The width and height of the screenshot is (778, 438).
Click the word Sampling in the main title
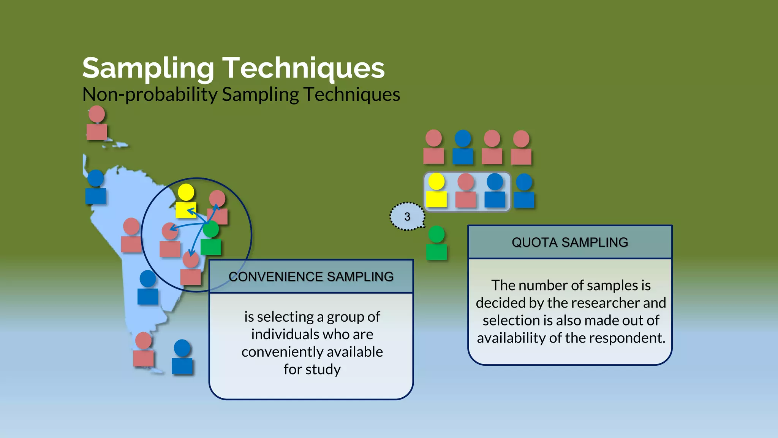[148, 68]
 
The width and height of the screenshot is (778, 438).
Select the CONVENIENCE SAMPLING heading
[311, 276]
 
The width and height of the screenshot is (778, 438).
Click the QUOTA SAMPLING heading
[570, 242]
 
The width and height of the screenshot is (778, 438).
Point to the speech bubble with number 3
[407, 216]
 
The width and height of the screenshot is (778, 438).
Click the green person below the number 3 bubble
[436, 243]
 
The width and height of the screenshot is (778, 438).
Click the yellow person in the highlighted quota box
[436, 190]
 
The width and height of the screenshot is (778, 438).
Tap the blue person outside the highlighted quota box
[524, 191]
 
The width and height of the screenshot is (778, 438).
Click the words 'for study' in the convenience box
[312, 369]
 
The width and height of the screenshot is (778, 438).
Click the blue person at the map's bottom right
[182, 357]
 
